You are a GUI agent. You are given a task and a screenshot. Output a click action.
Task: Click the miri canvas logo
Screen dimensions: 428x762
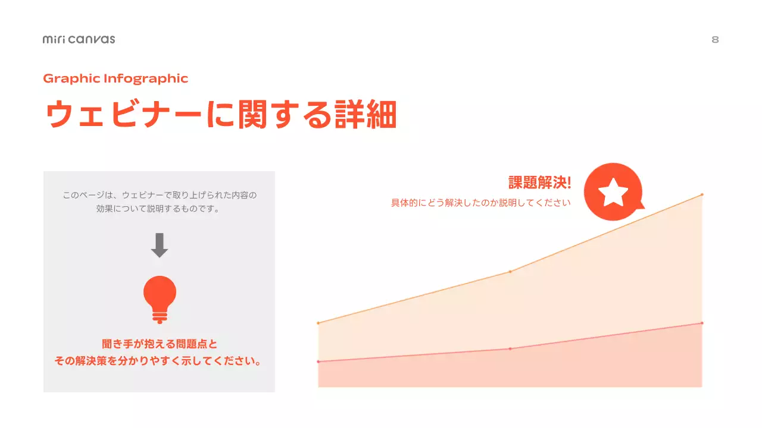[x=79, y=39]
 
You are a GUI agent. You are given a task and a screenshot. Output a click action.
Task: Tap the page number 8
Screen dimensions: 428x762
[x=715, y=40]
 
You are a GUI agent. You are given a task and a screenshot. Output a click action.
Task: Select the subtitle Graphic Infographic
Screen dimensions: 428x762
[x=115, y=78]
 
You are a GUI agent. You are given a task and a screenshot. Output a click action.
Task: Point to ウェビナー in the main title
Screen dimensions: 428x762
[x=122, y=114]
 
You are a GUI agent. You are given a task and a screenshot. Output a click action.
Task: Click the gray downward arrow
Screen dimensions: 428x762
[x=159, y=245]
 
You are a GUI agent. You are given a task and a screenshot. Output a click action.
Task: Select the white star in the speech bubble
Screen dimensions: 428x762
[x=613, y=192]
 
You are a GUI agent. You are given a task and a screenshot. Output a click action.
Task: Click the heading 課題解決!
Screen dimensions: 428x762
[x=539, y=183]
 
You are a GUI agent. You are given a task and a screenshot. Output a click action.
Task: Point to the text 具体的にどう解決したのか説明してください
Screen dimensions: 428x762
[x=480, y=203]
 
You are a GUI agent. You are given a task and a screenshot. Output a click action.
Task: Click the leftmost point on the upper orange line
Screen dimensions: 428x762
[x=318, y=323]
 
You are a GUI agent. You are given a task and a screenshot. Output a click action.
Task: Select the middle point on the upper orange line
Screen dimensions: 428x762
[x=510, y=272]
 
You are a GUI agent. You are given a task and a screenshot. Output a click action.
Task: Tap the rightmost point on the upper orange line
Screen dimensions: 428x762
[x=702, y=194]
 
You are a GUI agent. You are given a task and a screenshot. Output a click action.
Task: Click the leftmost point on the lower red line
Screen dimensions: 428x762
[x=318, y=361]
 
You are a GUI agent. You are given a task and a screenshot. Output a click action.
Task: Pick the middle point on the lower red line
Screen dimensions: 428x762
[x=510, y=348]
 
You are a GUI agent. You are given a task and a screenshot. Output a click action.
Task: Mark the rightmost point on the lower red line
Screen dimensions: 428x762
[x=702, y=323]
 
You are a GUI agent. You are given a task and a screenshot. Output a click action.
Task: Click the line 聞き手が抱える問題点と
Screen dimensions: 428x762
[x=159, y=344]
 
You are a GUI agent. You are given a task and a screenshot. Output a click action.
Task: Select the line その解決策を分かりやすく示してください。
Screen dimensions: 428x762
[x=159, y=361]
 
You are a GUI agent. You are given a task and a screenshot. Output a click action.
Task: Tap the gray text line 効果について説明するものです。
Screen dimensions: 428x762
[x=159, y=209]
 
